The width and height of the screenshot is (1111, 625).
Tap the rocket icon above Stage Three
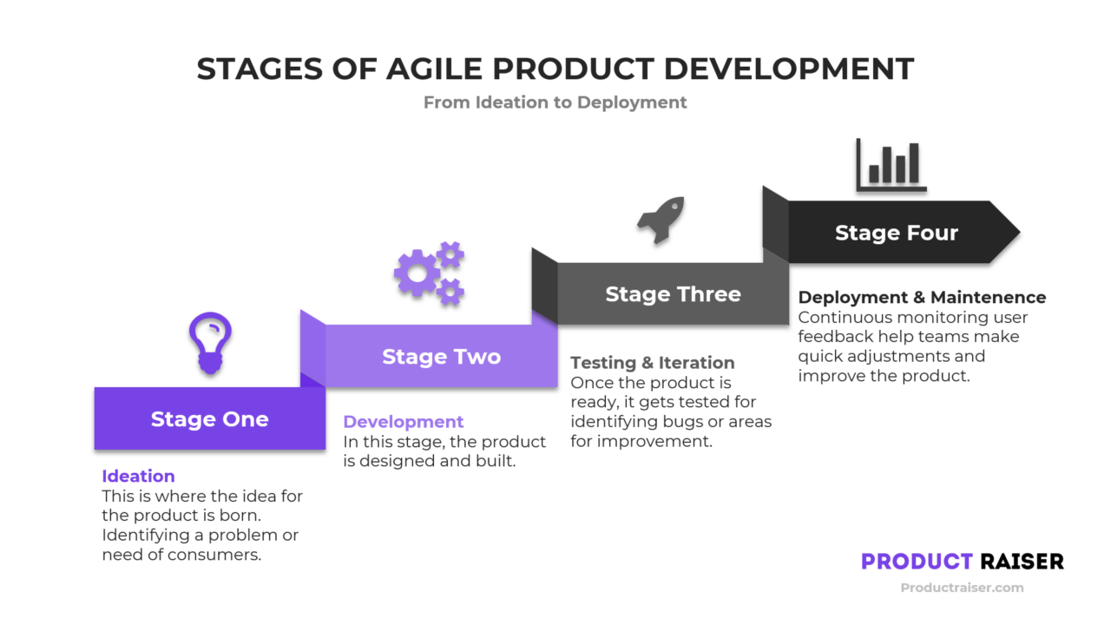[x=661, y=220]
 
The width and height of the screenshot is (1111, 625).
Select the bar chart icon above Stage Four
[x=891, y=165]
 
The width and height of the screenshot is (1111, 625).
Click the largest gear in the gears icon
[x=417, y=274]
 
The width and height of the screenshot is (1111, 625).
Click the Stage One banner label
[x=209, y=419]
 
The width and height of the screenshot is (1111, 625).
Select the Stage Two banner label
[x=441, y=357]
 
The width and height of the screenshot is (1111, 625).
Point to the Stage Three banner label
[x=673, y=294]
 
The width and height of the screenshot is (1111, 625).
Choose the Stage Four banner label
[x=896, y=233]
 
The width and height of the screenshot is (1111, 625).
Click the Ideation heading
[x=138, y=476]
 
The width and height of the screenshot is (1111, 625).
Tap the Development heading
[x=404, y=422]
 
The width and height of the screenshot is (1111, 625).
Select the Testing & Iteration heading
[x=652, y=363]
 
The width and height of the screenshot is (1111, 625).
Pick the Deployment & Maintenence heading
[x=922, y=298]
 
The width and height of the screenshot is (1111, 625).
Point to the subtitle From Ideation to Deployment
[x=555, y=102]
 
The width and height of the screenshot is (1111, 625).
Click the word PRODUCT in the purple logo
[x=917, y=562]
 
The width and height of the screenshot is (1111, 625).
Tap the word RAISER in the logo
[x=1022, y=562]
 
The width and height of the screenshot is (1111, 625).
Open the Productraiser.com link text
[x=962, y=588]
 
